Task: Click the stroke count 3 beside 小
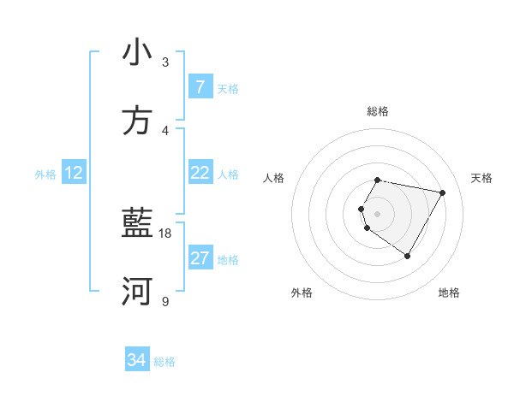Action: pyautogui.click(x=165, y=62)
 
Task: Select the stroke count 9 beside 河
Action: pyautogui.click(x=165, y=301)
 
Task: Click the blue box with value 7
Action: pyautogui.click(x=200, y=87)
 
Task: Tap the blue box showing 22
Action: pyautogui.click(x=200, y=173)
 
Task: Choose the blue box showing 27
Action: pyautogui.click(x=200, y=258)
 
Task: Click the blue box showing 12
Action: pyautogui.click(x=74, y=174)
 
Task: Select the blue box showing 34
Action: pyautogui.click(x=136, y=361)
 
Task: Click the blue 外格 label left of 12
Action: pyautogui.click(x=45, y=174)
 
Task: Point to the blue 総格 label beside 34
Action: pyautogui.click(x=164, y=362)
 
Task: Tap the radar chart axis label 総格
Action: pyautogui.click(x=378, y=111)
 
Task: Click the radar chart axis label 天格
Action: pyautogui.click(x=482, y=178)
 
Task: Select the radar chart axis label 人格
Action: pyautogui.click(x=274, y=178)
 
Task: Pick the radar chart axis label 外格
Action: pyautogui.click(x=302, y=293)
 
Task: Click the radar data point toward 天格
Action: pyautogui.click(x=442, y=193)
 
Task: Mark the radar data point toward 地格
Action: pyautogui.click(x=407, y=256)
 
